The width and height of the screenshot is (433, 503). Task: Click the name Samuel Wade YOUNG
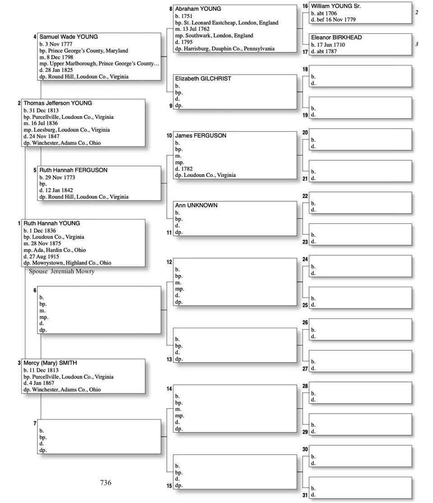point(68,37)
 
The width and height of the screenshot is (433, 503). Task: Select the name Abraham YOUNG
point(198,9)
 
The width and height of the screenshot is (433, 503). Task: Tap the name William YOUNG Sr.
point(336,6)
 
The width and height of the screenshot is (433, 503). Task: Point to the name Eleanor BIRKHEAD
point(336,37)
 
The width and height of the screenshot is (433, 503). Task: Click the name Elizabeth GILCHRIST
point(203,79)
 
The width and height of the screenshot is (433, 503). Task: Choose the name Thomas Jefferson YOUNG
point(57,103)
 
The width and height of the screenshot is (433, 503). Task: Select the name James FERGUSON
point(201,135)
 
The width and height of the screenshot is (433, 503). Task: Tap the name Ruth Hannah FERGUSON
point(73,170)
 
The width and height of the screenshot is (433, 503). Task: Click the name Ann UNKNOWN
point(196,205)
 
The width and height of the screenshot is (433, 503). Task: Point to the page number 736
point(106,483)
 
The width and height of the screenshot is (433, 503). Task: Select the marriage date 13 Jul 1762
point(195,29)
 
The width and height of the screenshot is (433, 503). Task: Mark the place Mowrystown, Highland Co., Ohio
point(71,263)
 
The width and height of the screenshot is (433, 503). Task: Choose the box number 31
point(305,495)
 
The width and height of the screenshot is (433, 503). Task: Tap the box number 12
point(169,262)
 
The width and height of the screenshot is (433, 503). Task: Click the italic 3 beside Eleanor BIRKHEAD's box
point(417,44)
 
